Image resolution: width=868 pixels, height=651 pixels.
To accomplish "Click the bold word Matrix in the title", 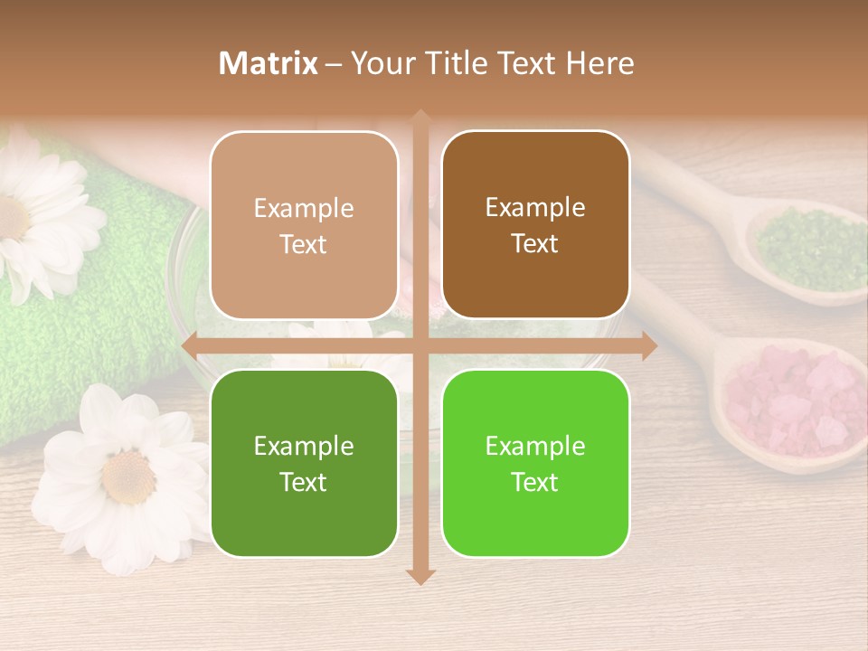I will pos(269,63).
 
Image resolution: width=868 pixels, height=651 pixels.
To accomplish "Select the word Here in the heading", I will pos(599,63).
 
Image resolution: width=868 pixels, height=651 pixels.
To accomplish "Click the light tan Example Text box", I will pos(304,226).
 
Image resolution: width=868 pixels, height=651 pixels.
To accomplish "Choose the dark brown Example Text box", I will pos(535,225).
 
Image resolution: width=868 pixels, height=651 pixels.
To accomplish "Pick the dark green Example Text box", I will pos(304,463).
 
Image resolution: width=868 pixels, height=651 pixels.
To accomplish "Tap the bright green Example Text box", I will pos(535,463).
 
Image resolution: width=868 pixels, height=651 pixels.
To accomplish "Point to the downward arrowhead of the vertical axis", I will pos(420,576).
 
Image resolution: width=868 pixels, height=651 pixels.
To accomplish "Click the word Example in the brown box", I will pos(535,208).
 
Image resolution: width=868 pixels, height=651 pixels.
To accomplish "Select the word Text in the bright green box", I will pos(535,482).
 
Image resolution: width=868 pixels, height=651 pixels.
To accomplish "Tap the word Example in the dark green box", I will pos(304,446).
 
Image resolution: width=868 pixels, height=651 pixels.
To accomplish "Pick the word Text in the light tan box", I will pos(304,245).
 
